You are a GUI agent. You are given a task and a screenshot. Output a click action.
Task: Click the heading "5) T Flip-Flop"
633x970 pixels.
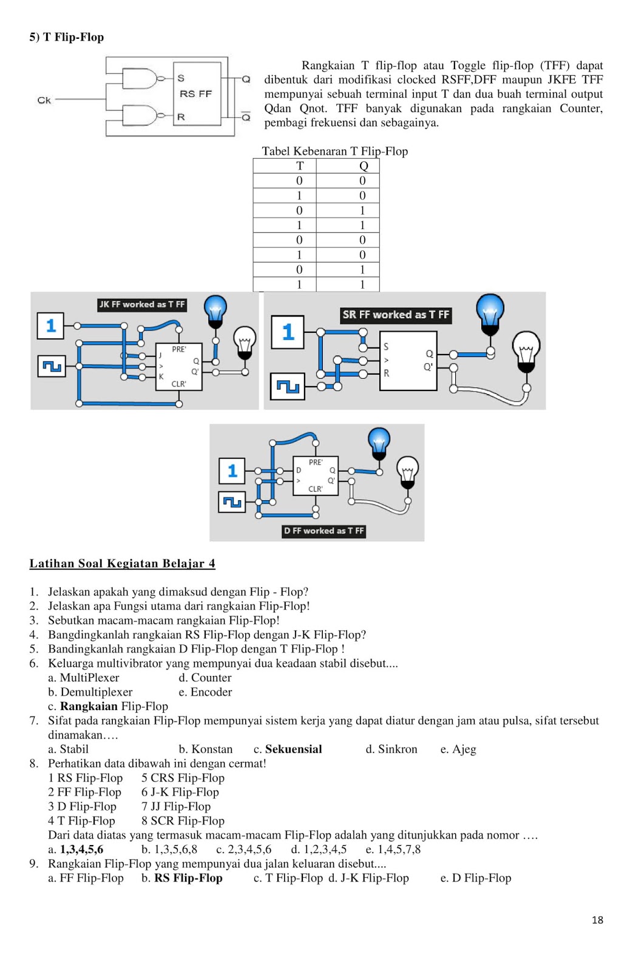coord(67,37)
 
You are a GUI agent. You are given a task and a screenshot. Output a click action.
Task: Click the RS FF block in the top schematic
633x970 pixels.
coord(197,94)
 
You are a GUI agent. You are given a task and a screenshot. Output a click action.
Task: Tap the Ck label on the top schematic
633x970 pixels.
coord(44,100)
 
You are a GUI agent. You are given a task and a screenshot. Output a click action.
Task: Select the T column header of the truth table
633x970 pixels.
coord(299,166)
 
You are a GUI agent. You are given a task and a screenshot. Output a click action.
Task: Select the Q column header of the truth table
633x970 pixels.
coord(364,166)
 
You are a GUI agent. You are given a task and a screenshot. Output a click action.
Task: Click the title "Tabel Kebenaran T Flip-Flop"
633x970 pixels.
coord(334,151)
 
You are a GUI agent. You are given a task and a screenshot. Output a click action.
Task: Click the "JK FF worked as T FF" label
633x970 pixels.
coord(142,304)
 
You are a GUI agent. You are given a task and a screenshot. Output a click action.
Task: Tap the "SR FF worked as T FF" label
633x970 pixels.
coord(396,315)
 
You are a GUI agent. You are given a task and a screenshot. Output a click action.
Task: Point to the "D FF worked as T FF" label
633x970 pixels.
coord(323,530)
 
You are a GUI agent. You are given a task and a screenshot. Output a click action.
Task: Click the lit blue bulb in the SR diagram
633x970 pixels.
coord(490,312)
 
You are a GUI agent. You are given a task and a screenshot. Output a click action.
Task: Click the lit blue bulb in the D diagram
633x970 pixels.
coord(379,443)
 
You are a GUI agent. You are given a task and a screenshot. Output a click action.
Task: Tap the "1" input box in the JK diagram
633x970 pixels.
coord(51,326)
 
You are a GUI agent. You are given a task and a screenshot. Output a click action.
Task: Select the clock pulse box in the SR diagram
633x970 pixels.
coord(288,387)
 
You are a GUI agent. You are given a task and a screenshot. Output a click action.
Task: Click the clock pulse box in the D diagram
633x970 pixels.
coord(232,501)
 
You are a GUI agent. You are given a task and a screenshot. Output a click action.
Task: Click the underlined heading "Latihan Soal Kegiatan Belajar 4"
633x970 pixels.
coord(122,563)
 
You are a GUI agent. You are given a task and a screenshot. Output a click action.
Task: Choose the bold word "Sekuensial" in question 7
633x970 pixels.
coord(293,749)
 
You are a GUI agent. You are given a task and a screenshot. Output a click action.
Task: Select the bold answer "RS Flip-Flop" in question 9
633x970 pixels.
coord(188,878)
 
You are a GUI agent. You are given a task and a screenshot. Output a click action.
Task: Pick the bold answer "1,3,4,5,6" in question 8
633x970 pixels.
coord(81,849)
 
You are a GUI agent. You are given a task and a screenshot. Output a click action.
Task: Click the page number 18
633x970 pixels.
coord(597,920)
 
